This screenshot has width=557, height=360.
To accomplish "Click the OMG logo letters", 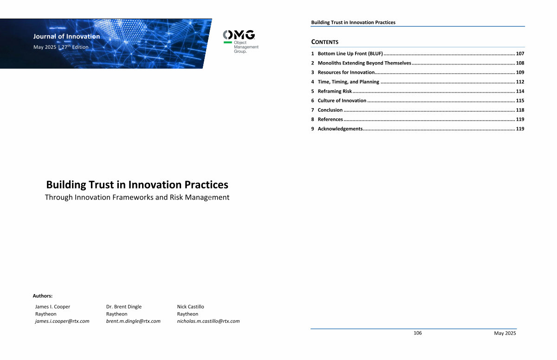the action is (x=239, y=35).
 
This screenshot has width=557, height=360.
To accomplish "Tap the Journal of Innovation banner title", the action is (x=67, y=37).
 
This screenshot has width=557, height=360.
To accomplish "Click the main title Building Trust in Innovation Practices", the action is (x=137, y=185).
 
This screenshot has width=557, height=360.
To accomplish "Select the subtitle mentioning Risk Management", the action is (x=137, y=197).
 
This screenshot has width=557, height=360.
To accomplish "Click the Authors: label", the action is (x=43, y=296).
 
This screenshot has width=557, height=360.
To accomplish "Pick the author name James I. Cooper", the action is (x=52, y=307).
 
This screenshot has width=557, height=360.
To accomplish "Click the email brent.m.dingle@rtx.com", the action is (x=133, y=321).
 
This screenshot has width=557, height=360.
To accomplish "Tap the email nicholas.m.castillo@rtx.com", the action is (x=208, y=321).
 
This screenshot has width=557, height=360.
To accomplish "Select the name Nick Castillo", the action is (x=190, y=307).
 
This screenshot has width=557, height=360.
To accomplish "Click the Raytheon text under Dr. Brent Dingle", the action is (x=117, y=314).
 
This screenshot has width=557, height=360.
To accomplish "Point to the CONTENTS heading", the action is (x=325, y=42).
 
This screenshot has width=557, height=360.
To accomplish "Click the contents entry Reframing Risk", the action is (x=335, y=91).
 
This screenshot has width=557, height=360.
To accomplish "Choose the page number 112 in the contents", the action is (x=520, y=82).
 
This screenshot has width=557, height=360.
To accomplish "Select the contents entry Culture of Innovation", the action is (x=342, y=101).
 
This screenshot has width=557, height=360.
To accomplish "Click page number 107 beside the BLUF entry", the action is (x=520, y=54).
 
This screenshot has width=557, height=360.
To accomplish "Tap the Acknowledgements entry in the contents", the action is (x=340, y=129).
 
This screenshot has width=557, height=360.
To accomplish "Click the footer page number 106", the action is (x=417, y=333).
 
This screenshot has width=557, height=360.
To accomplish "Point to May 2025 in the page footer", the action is (x=505, y=333).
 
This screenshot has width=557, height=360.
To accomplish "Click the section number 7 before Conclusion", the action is (x=312, y=110).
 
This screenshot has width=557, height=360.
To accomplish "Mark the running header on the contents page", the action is (x=353, y=22).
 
